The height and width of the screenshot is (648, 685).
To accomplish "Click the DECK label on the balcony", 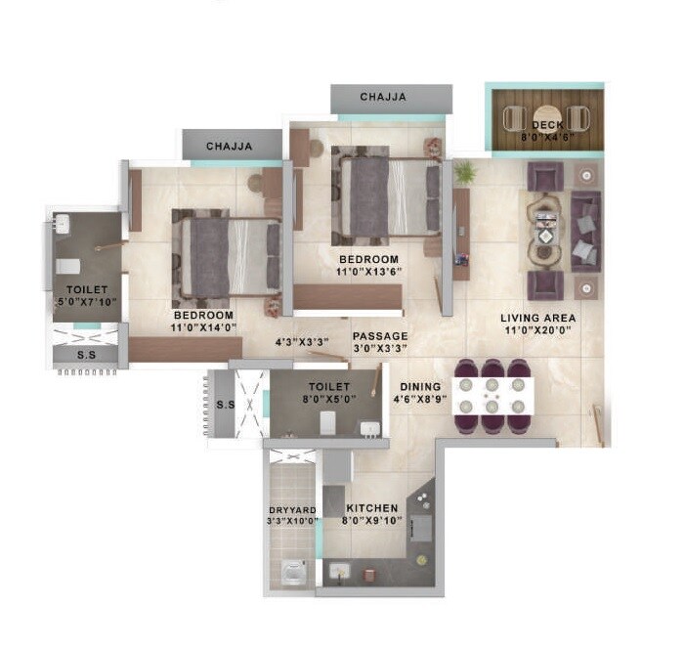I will click(x=546, y=125).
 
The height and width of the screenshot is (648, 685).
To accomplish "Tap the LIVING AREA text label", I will click(x=537, y=318).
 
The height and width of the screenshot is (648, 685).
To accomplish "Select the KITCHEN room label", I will click(x=371, y=508).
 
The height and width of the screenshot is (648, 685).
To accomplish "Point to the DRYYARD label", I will click(x=290, y=509).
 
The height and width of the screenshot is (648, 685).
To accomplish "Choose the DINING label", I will click(x=420, y=387).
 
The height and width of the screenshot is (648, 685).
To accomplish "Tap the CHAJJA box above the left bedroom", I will click(x=230, y=146).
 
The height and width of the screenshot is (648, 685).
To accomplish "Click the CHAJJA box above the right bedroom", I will click(x=383, y=97).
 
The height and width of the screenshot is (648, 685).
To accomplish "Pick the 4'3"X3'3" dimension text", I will click(x=301, y=341).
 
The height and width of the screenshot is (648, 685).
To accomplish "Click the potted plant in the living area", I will click(x=465, y=172).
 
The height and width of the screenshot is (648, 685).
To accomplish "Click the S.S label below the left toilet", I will click(x=87, y=356).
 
